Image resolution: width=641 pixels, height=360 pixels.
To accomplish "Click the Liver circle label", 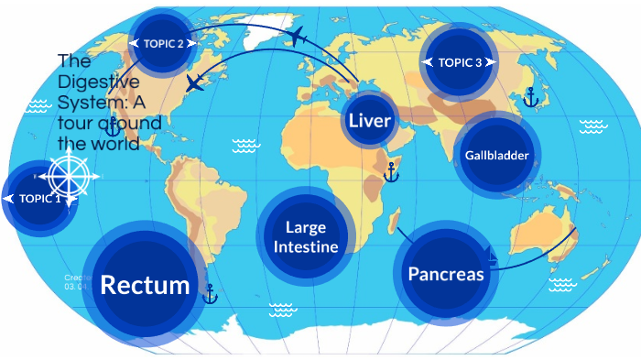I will click(370, 121).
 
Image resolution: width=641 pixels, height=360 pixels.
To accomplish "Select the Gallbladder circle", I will click(495, 155).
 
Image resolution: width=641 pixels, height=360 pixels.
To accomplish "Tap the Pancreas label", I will click(446, 274).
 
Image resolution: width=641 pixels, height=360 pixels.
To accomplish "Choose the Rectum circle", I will click(145, 285).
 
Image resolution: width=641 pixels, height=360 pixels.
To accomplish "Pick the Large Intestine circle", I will click(306, 237).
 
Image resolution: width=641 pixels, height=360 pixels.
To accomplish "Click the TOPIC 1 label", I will click(38, 198).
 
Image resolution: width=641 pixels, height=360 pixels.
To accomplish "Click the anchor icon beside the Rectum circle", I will click(210, 295).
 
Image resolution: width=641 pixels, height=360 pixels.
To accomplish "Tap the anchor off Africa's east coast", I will click(391, 170).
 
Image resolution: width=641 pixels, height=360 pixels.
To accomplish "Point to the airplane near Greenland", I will click(296, 37).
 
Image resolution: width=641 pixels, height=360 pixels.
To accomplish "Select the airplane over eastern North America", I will click(195, 83).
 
